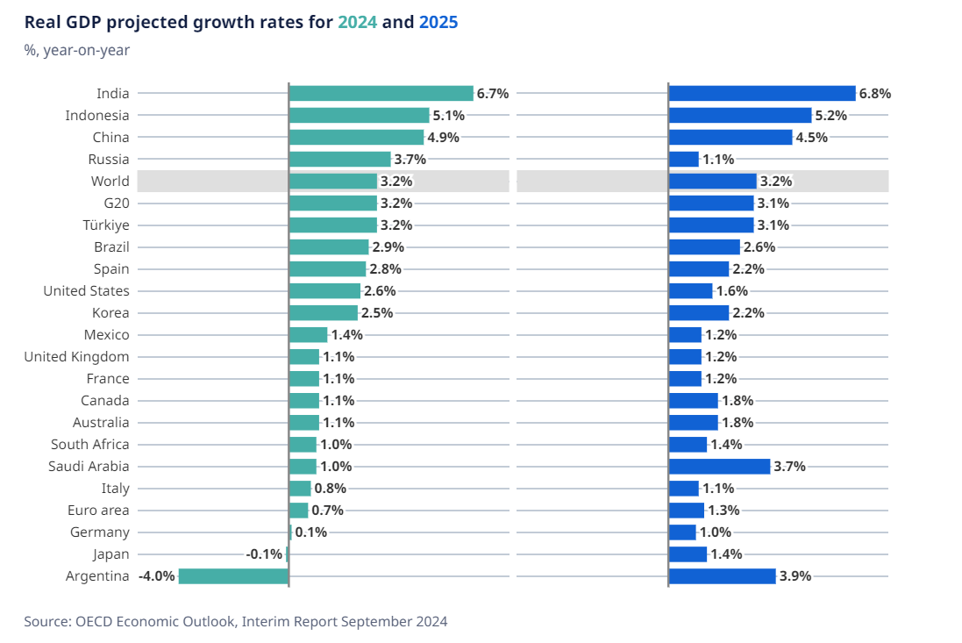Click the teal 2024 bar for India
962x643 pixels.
click(x=381, y=93)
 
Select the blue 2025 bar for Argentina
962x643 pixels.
click(x=722, y=576)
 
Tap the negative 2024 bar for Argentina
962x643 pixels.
click(x=233, y=576)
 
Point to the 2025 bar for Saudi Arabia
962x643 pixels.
click(x=719, y=467)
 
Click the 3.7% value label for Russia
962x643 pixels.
click(x=410, y=159)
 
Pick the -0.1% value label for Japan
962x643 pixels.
click(x=264, y=554)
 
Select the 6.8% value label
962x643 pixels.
click(x=874, y=93)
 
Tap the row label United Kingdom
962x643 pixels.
click(x=76, y=357)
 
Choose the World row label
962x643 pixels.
click(x=110, y=182)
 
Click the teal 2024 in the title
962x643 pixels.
click(x=358, y=23)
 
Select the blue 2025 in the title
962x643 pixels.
click(x=438, y=23)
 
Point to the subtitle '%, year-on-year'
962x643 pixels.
click(x=77, y=50)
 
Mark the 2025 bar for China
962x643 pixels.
click(x=730, y=137)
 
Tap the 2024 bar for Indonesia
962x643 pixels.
click(x=359, y=115)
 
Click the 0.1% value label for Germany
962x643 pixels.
click(x=310, y=532)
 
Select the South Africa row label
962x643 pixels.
click(x=89, y=445)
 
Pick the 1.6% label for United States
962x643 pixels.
click(x=731, y=291)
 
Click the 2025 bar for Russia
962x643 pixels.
click(x=684, y=159)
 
